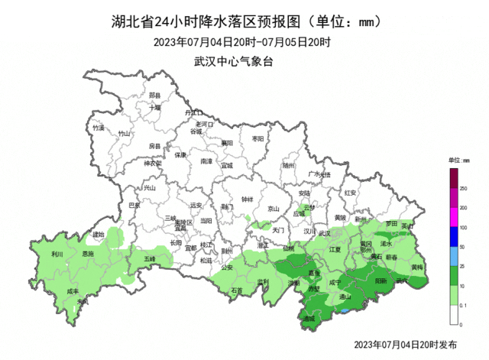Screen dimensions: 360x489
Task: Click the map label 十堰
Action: click(x=155, y=108)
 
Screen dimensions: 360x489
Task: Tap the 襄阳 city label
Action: click(x=227, y=143)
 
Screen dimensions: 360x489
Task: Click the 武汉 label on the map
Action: click(x=324, y=233)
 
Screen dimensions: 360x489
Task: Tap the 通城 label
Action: click(x=309, y=318)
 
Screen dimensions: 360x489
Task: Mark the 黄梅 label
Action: click(x=417, y=268)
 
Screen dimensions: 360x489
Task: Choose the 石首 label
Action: click(x=237, y=290)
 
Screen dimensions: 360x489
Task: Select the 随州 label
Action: click(x=288, y=164)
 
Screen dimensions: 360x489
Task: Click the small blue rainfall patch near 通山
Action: click(x=346, y=311)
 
